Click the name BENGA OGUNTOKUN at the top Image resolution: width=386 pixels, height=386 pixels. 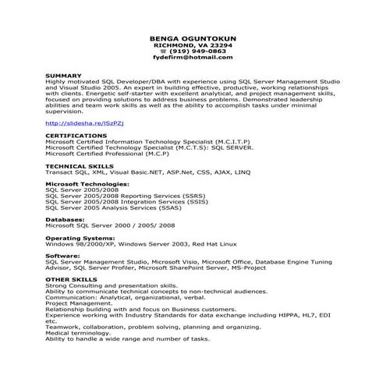pyautogui.click(x=193, y=38)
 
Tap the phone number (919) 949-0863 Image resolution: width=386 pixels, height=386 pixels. pyautogui.click(x=196, y=51)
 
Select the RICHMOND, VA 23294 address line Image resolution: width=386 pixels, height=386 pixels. pyautogui.click(x=193, y=45)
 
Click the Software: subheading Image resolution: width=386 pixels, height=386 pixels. pyautogui.click(x=62, y=256)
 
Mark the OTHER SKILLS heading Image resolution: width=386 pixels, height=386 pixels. pyautogui.click(x=71, y=278)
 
